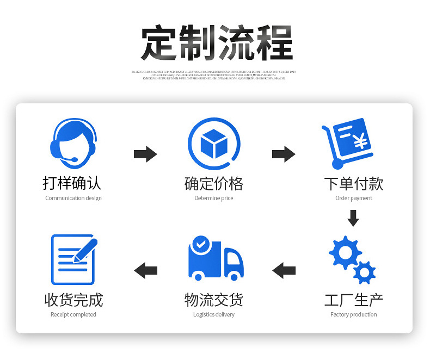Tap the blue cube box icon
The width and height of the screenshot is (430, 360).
pyautogui.click(x=213, y=144)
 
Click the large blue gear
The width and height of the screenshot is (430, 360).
pyautogui.click(x=345, y=252)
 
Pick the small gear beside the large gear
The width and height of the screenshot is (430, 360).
pyautogui.click(x=364, y=271)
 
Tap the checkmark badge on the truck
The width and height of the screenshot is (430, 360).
pyautogui.click(x=201, y=244)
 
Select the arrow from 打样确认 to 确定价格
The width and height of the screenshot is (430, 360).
pyautogui.click(x=145, y=154)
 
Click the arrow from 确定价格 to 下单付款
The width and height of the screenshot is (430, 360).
pyautogui.click(x=284, y=154)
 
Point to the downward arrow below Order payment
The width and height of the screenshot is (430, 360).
pyautogui.click(x=353, y=218)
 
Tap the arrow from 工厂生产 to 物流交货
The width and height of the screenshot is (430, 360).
pyautogui.click(x=284, y=269)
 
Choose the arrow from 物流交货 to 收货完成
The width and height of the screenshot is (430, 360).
pyautogui.click(x=145, y=269)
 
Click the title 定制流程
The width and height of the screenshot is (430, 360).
pyautogui.click(x=217, y=43)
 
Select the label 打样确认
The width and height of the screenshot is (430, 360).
pyautogui.click(x=72, y=183)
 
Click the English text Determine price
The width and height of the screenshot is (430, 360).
pyautogui.click(x=213, y=198)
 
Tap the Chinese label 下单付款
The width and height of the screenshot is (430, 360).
pyautogui.click(x=354, y=183)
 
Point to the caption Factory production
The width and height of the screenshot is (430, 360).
pyautogui.click(x=353, y=314)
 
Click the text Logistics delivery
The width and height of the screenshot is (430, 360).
pyautogui.click(x=214, y=314)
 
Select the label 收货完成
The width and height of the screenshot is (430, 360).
pyautogui.click(x=73, y=300)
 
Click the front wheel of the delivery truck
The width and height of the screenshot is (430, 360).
pyautogui.click(x=234, y=277)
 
